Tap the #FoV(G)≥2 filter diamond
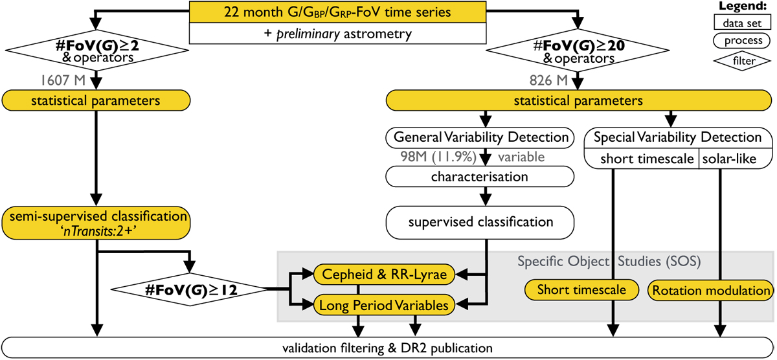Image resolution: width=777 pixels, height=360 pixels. click(x=96, y=51)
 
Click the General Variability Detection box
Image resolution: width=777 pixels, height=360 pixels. click(x=480, y=137)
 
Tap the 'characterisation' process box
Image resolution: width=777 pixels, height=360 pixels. click(x=480, y=176)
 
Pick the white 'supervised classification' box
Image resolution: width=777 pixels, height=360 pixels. click(x=480, y=222)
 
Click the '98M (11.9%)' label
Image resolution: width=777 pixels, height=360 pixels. click(x=427, y=157)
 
